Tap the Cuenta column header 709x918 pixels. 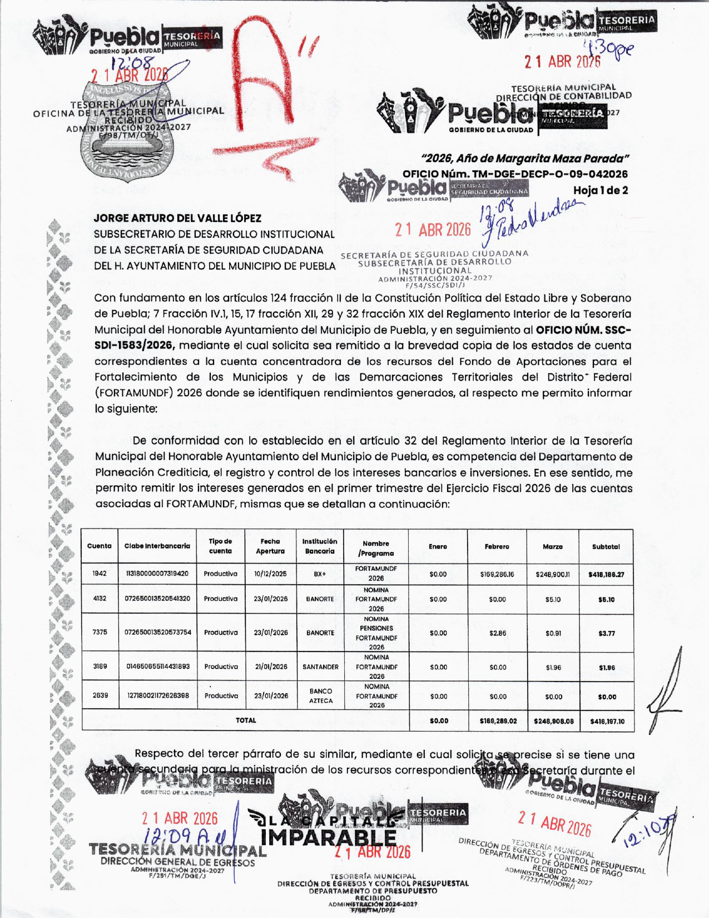click(x=100, y=546)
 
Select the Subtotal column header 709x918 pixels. click(x=606, y=547)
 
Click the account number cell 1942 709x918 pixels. click(x=100, y=573)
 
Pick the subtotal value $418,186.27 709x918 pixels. click(x=606, y=574)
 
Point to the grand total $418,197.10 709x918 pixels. click(x=607, y=721)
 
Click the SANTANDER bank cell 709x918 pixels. click(x=320, y=667)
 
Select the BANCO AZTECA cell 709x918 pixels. click(x=321, y=696)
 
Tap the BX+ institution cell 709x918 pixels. click(x=320, y=574)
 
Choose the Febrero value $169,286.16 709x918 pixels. click(x=497, y=574)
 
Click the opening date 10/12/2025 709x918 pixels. click(x=270, y=574)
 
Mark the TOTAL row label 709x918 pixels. click(x=246, y=720)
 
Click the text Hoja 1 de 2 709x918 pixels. click(x=601, y=190)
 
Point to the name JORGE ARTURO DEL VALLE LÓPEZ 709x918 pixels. click(x=177, y=218)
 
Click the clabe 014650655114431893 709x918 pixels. click(x=158, y=667)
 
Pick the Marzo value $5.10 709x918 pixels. click(x=553, y=600)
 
